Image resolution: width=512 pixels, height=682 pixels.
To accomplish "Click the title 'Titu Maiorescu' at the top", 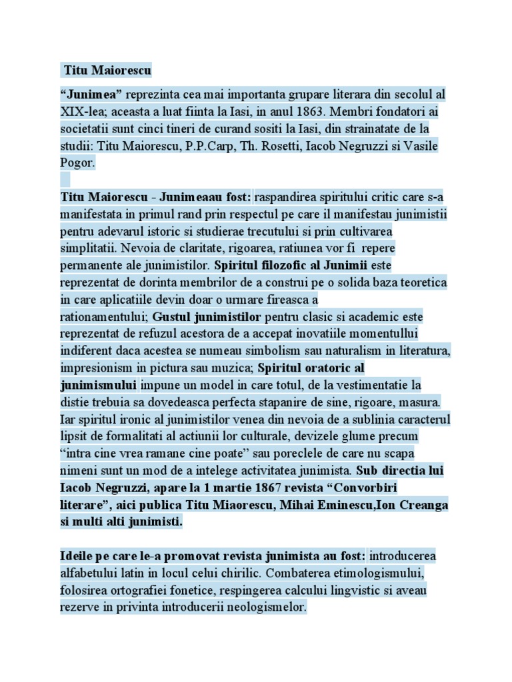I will (x=107, y=70).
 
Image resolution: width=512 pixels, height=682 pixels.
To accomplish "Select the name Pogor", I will (x=78, y=162).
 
